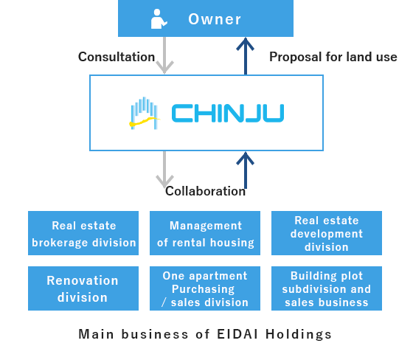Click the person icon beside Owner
159,19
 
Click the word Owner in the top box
215,19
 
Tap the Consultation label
117,57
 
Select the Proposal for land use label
333,57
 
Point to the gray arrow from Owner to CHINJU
164,55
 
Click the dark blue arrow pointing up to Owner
245,56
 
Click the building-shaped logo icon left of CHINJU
144,114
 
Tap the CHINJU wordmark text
228,114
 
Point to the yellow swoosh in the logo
144,122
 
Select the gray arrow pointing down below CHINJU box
164,169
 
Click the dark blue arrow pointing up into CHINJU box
245,170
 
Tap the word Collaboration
205,191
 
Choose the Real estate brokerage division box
83,233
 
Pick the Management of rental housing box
205,233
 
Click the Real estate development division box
327,233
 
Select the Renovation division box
83,288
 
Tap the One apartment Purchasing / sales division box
205,288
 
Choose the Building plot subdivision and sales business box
327,288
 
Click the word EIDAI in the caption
237,334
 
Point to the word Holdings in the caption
298,335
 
